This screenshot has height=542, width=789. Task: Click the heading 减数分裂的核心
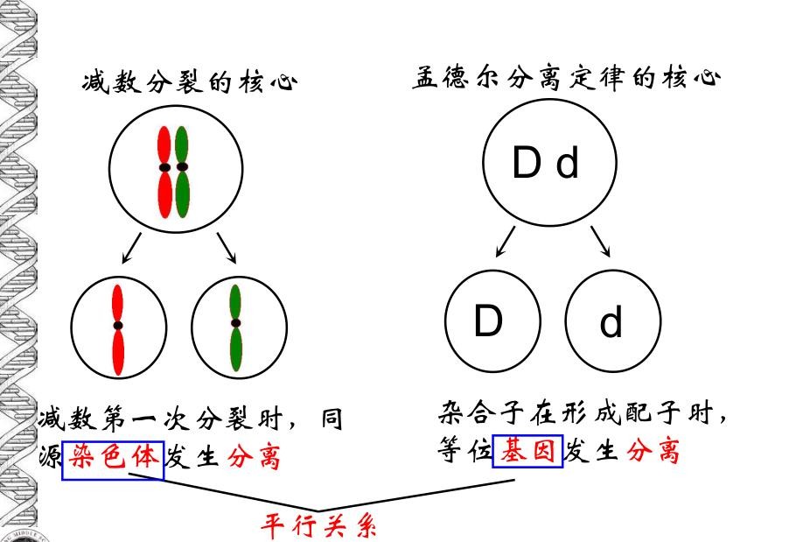pos(189,84)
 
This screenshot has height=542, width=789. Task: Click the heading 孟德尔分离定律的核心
pos(566,80)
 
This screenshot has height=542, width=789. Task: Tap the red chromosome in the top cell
pos(164,172)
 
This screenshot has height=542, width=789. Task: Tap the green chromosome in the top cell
pos(182,172)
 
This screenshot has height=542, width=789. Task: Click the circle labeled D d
pos(548,164)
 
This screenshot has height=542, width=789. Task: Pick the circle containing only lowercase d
pos(611,322)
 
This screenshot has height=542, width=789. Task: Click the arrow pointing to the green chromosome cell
pos(227,248)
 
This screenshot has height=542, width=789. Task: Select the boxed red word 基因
pos(527,451)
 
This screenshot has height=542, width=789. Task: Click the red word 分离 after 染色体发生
pos(254,455)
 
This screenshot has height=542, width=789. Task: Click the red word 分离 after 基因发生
pos(653,451)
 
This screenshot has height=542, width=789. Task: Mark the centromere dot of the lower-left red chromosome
pos(117,325)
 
